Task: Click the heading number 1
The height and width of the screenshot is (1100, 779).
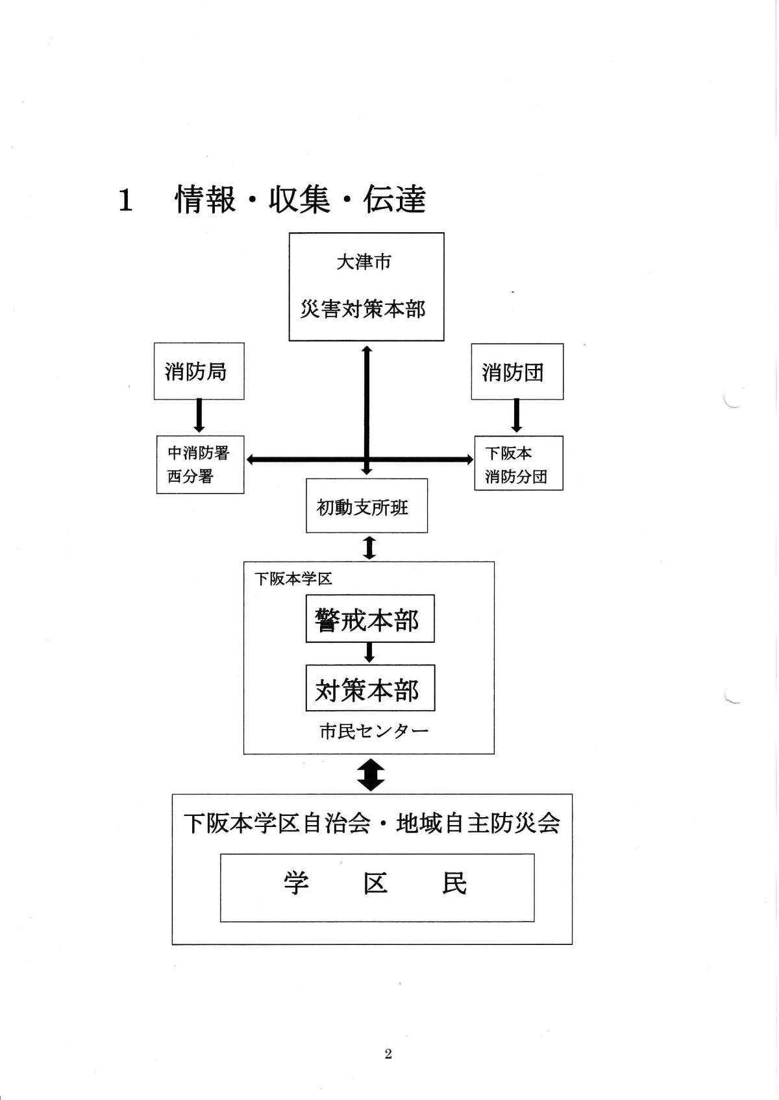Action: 125,200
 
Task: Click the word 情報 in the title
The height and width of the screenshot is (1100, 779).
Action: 205,199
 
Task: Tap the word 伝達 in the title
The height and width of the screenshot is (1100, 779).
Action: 394,199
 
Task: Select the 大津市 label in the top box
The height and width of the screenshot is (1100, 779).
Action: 364,262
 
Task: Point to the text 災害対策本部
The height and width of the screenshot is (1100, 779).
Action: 362,309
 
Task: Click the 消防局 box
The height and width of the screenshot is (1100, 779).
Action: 199,372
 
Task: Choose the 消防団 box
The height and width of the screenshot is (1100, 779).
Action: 517,372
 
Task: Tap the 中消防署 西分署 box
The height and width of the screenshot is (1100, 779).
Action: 200,464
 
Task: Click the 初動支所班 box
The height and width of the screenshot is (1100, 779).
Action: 366,506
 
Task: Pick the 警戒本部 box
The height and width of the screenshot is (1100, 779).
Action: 369,619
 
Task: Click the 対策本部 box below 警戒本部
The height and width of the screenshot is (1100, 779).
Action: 369,689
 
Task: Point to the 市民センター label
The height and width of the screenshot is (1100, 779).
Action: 374,732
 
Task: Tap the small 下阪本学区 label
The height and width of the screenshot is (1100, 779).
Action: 293,579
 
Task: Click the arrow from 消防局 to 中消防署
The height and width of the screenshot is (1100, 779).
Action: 199,416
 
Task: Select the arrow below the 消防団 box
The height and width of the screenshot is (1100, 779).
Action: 517,416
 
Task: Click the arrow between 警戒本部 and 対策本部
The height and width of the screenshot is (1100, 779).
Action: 369,652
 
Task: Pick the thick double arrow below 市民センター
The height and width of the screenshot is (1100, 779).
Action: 371,774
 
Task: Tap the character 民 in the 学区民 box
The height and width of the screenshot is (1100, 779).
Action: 454,883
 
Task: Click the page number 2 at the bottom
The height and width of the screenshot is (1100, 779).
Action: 388,1054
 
